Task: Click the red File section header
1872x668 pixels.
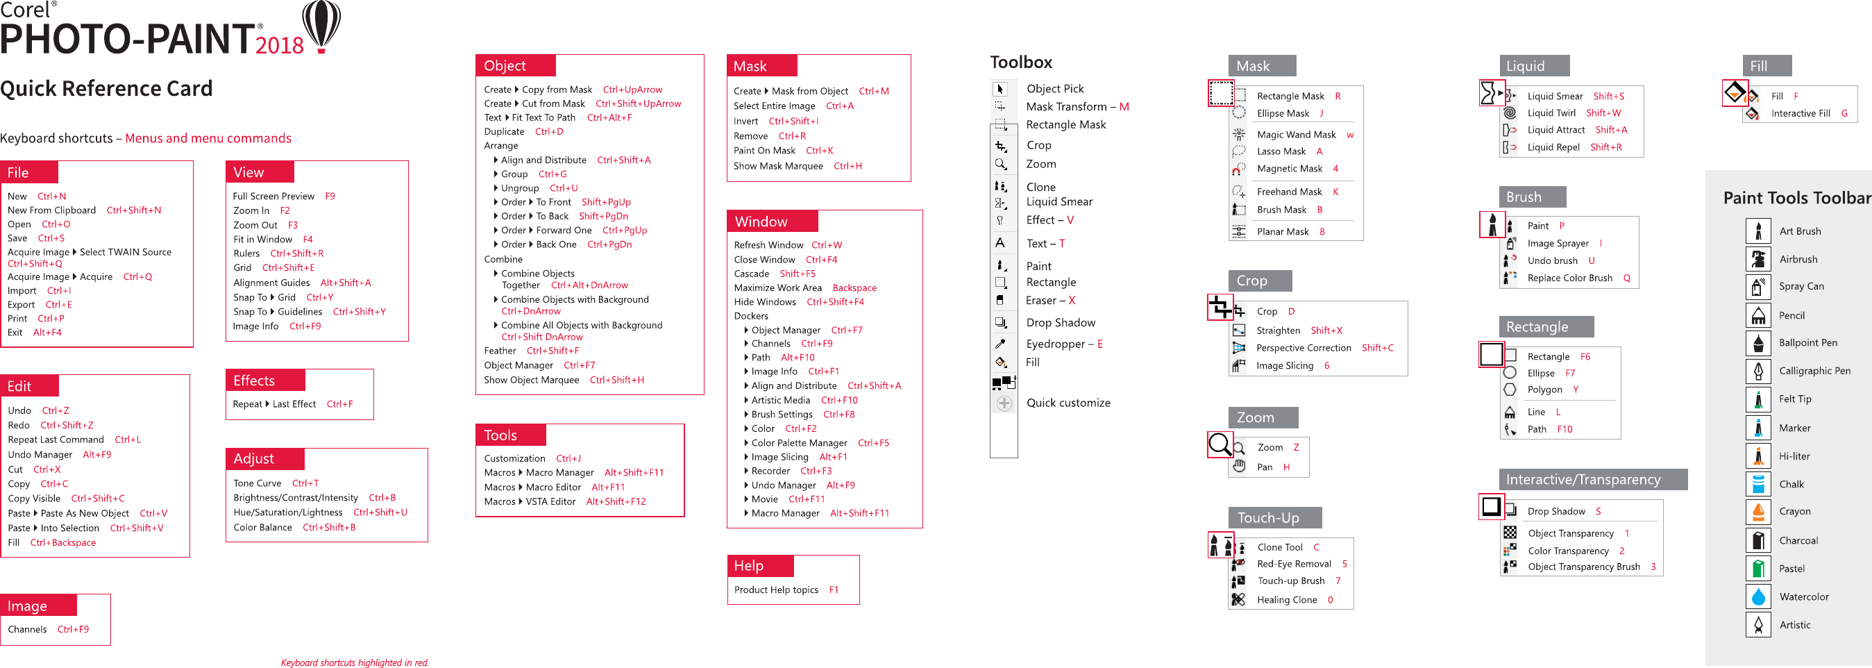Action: coord(29,172)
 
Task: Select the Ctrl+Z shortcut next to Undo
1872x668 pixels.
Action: coord(56,410)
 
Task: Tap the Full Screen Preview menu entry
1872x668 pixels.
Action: coord(273,197)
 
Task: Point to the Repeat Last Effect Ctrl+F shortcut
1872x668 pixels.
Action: coord(339,404)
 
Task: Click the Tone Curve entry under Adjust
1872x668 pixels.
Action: coord(258,483)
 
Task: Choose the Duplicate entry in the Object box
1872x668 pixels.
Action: coord(504,131)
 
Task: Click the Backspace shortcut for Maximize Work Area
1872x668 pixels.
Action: coord(854,288)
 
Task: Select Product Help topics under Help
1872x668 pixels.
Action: coord(775,590)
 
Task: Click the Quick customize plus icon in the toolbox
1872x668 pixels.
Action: coord(1004,403)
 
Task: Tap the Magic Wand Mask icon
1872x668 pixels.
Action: coord(1239,135)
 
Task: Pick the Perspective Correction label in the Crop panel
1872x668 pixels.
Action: coord(1303,348)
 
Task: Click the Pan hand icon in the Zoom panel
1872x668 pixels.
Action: coord(1239,467)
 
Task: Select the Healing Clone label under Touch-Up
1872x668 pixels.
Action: coord(1286,600)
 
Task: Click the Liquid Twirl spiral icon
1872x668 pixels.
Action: coord(1510,112)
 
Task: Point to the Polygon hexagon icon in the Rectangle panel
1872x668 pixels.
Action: coord(1510,390)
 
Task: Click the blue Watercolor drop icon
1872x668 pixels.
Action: coord(1758,596)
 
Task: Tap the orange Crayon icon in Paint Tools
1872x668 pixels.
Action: coord(1758,512)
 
